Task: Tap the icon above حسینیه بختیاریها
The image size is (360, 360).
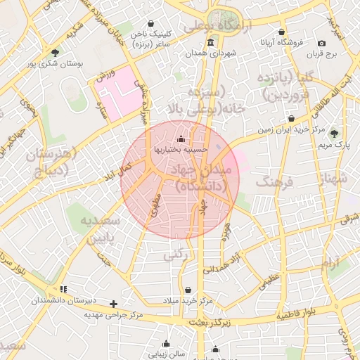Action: (182, 139)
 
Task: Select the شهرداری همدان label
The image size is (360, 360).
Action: (212, 53)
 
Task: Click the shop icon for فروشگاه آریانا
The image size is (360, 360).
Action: (281, 32)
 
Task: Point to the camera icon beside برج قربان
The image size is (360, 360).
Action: (322, 43)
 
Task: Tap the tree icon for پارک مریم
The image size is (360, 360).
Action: (334, 134)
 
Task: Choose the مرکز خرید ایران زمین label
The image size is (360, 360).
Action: (281, 130)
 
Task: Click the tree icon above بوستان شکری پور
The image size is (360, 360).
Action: (56, 52)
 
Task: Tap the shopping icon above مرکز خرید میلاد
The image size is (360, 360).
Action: (188, 290)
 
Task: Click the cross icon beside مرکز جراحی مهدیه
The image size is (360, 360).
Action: (114, 304)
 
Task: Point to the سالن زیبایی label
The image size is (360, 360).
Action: (167, 354)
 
